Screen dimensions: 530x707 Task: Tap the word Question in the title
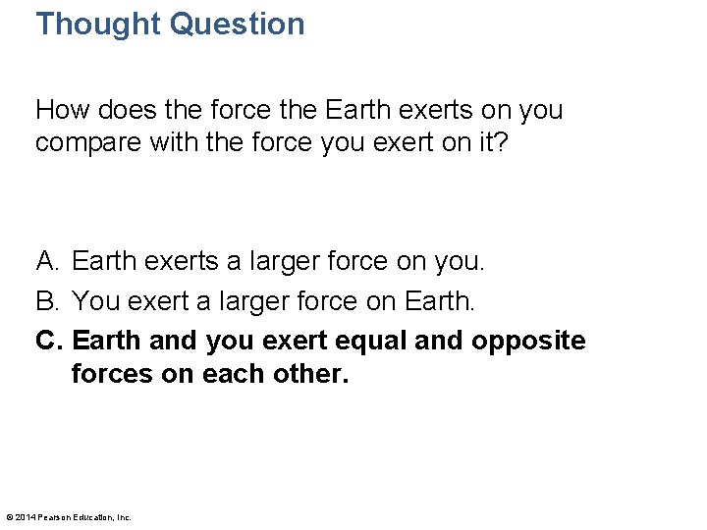[238, 24]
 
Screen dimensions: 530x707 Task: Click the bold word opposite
[527, 341]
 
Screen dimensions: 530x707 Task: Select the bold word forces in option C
[110, 374]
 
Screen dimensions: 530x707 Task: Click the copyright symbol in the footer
[9, 517]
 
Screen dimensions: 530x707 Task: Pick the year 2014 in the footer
[24, 517]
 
